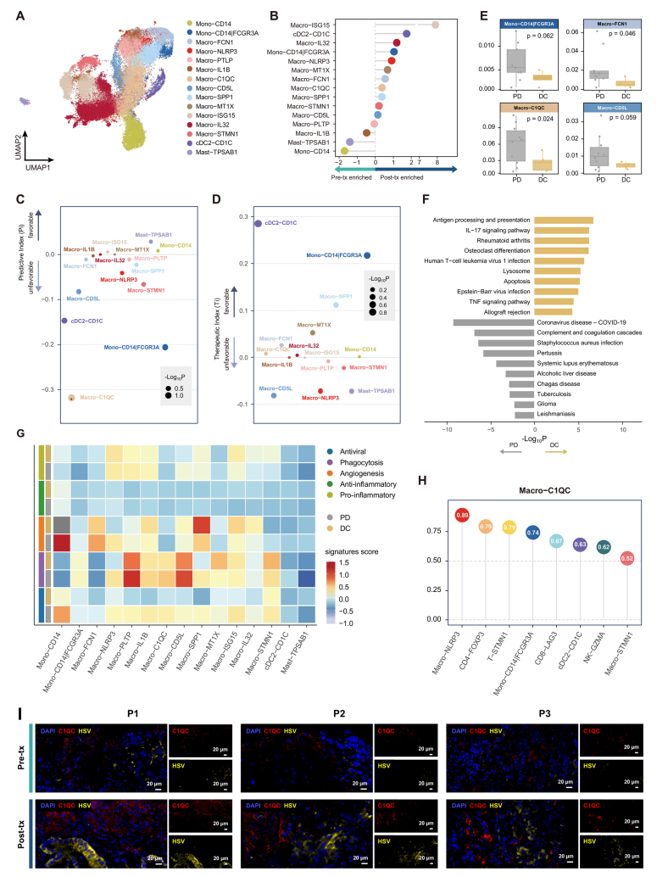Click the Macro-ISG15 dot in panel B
(x=435, y=25)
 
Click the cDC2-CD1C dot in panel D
(x=258, y=223)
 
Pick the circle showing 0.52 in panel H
(x=627, y=558)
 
